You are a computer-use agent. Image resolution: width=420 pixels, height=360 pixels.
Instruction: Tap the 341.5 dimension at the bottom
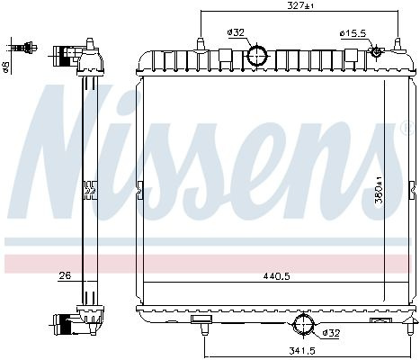pos(302,350)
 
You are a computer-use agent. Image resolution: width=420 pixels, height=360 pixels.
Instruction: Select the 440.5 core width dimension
pos(276,276)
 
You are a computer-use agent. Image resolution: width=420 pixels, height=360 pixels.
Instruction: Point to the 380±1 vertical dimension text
pos(379,190)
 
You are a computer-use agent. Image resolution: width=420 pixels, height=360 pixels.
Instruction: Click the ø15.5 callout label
pos(353,33)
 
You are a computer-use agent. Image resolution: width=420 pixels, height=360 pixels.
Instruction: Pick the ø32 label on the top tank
pos(236,32)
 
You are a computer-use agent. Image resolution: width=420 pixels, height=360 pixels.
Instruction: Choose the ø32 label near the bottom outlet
pos(331,333)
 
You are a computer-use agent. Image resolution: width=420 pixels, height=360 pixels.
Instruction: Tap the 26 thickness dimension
pos(65,275)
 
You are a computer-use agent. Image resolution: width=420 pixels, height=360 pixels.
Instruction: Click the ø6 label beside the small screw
pos(6,67)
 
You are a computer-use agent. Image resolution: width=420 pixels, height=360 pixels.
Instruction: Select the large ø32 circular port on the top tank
pos(257,55)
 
